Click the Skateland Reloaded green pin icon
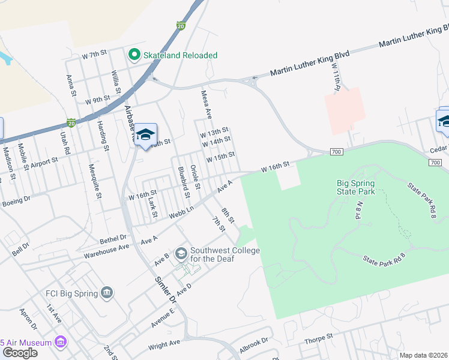[134, 55]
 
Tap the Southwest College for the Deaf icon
[181, 254]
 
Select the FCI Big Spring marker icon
[107, 293]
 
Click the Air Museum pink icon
[60, 342]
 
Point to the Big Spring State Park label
[356, 187]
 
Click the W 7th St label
[94, 56]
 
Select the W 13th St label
[215, 130]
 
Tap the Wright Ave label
[164, 344]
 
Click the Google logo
[20, 353]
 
